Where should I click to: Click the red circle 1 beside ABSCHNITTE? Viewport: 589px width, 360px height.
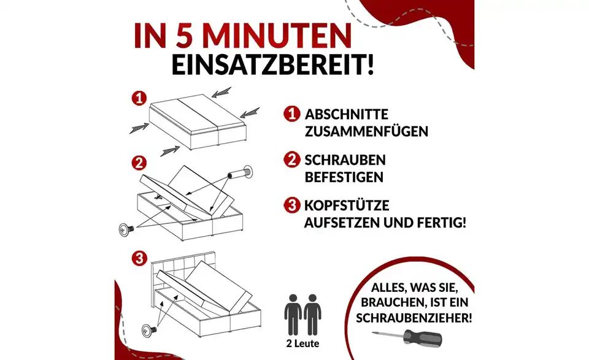pos(292,115)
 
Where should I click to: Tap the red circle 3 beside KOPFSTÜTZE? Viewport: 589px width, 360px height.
pos(292,205)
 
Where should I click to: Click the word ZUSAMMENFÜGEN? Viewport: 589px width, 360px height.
pos(366,132)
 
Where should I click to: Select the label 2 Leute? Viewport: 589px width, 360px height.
pos(303,343)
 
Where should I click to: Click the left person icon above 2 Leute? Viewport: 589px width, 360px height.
pos(293,313)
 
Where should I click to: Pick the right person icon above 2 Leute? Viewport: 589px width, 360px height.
pos(314,313)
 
